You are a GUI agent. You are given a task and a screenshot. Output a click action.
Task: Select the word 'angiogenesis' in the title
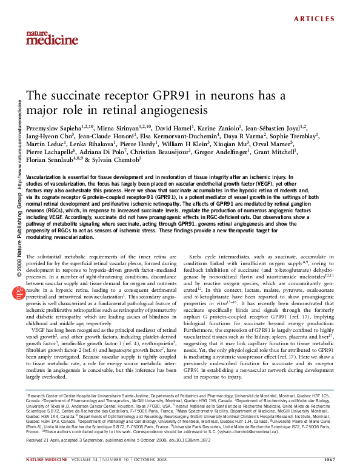174,111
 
